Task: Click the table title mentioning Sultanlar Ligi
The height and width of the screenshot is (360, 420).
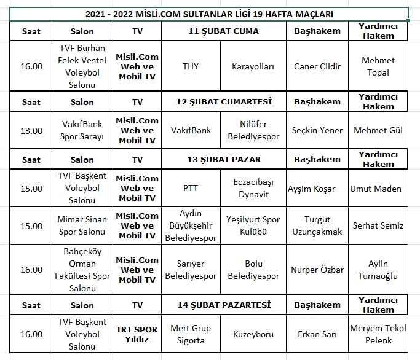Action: tap(208, 14)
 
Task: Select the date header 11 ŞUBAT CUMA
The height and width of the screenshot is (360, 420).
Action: tap(223, 31)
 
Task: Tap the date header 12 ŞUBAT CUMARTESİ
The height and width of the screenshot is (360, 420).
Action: tap(224, 101)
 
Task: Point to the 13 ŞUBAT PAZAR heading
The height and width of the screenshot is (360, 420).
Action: tap(223, 159)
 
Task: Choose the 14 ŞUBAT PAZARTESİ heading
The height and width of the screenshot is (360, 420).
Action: tap(224, 305)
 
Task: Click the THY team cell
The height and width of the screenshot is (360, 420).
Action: tap(191, 67)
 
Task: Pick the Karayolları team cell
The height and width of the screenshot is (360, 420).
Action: tap(253, 67)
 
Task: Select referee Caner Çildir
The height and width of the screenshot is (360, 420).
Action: tap(317, 67)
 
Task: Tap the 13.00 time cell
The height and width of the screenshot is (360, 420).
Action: tap(31, 130)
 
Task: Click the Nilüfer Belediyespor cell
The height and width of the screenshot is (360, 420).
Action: tap(253, 130)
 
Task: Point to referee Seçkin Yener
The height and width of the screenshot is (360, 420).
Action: tap(317, 130)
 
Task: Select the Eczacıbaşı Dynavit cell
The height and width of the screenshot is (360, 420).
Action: tap(253, 189)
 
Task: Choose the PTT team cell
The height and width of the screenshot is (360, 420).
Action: tap(191, 189)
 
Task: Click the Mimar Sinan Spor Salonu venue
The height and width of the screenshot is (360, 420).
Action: tap(82, 225)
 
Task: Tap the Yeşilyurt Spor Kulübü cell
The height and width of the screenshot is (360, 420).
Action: tap(253, 225)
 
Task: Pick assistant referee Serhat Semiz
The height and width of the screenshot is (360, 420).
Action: tap(378, 225)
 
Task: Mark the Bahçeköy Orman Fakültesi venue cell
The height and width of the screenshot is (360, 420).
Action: tap(82, 270)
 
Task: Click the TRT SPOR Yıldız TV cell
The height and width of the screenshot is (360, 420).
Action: tap(137, 334)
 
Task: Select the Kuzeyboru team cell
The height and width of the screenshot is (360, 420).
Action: tap(253, 334)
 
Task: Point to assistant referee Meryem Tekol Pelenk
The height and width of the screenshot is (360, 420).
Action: tap(378, 334)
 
